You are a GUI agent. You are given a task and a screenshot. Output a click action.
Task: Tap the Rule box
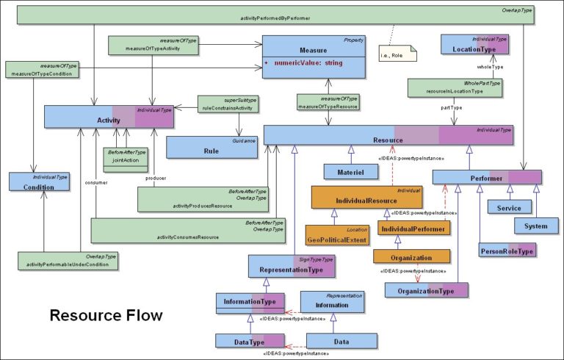pos(211,147)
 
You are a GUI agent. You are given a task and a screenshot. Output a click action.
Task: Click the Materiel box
pos(351,171)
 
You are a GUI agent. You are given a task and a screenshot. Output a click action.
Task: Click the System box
pos(536,226)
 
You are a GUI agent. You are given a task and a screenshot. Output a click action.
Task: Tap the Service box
pos(509,208)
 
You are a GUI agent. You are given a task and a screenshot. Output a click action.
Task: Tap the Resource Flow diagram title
pos(106,316)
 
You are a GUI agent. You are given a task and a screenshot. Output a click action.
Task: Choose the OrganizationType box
pos(427,290)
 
